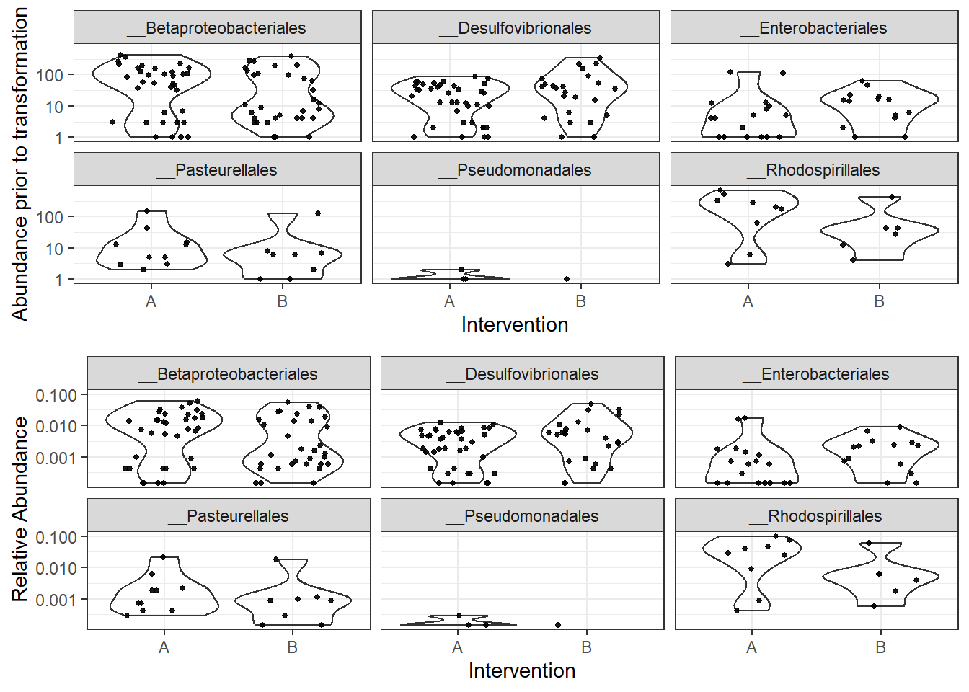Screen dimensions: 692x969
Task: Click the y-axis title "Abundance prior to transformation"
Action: pyautogui.click(x=19, y=164)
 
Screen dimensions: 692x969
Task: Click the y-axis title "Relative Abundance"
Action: pyautogui.click(x=19, y=509)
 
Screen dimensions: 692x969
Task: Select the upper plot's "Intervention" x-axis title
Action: pyautogui.click(x=515, y=325)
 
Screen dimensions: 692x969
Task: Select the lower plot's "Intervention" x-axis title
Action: pyautogui.click(x=522, y=671)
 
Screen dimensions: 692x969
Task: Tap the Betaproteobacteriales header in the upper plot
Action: pyautogui.click(x=217, y=28)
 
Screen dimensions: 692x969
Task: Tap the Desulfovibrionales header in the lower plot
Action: pyautogui.click(x=523, y=374)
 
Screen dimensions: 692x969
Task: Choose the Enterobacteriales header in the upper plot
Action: pyautogui.click(x=814, y=28)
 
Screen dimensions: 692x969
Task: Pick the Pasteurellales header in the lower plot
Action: pyautogui.click(x=229, y=516)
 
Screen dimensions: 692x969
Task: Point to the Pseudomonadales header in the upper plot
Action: pyautogui.click(x=516, y=170)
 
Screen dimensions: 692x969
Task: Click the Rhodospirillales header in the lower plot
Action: pyautogui.click(x=816, y=516)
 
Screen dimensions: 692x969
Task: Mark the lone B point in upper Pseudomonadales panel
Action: pyautogui.click(x=567, y=279)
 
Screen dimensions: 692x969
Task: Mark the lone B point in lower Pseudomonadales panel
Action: pyautogui.click(x=558, y=625)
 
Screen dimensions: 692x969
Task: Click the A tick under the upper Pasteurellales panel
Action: pyautogui.click(x=151, y=301)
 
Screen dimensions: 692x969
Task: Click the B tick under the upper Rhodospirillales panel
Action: pyautogui.click(x=880, y=301)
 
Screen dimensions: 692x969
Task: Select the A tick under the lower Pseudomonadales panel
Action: pyautogui.click(x=458, y=647)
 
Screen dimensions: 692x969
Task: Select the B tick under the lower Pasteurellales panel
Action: pyautogui.click(x=293, y=647)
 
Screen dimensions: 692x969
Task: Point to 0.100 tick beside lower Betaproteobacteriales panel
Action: pyautogui.click(x=56, y=395)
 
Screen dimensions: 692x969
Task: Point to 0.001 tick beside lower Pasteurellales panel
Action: pyautogui.click(x=56, y=600)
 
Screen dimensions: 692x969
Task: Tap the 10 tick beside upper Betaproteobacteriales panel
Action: pyautogui.click(x=54, y=107)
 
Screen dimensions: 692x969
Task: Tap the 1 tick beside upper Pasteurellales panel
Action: pyautogui.click(x=58, y=280)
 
